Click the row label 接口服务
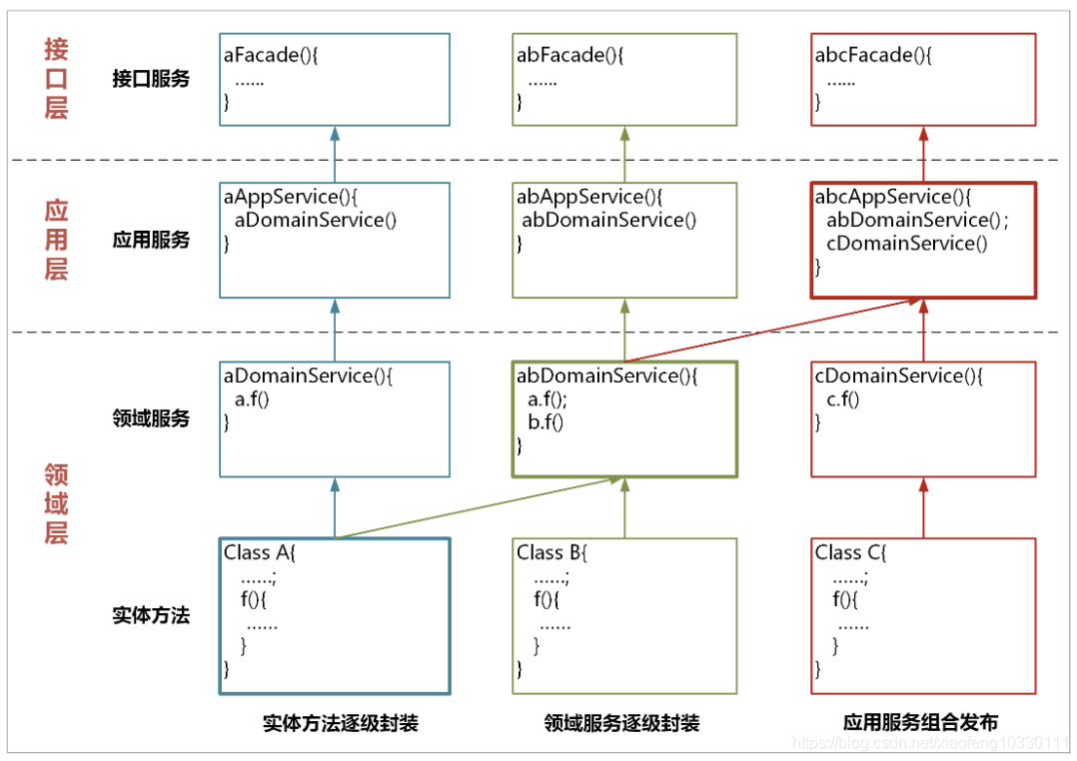coord(151,79)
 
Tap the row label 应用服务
coord(151,240)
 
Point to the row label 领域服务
coord(151,418)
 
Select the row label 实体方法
coord(151,615)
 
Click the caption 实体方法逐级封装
coord(341,723)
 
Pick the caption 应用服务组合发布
coord(920,722)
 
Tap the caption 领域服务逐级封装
coord(621,723)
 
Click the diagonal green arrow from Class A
coord(480,508)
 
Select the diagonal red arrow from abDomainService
coord(773,331)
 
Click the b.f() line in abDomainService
coord(545,422)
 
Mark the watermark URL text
coord(931,742)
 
